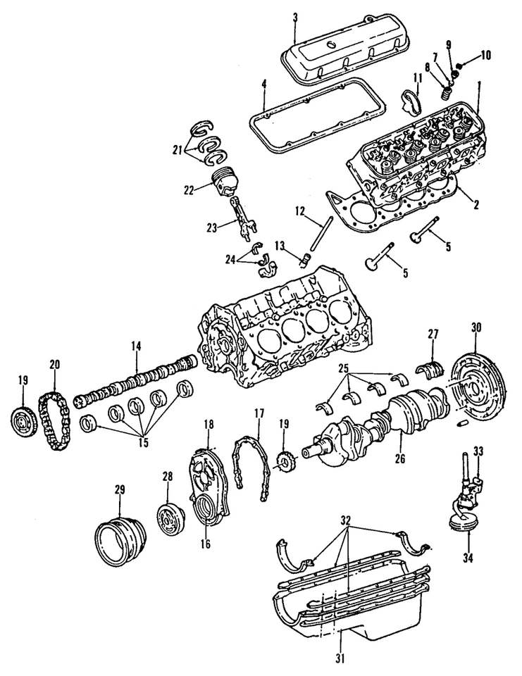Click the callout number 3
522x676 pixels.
(296, 16)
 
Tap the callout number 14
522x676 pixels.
(136, 346)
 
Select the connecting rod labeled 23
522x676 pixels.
(241, 218)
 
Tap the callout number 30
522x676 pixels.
(476, 327)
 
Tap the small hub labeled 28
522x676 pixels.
(170, 520)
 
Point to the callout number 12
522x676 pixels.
(299, 211)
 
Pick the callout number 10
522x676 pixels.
(487, 54)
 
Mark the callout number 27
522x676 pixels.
(433, 334)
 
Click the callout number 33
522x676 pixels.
(478, 451)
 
